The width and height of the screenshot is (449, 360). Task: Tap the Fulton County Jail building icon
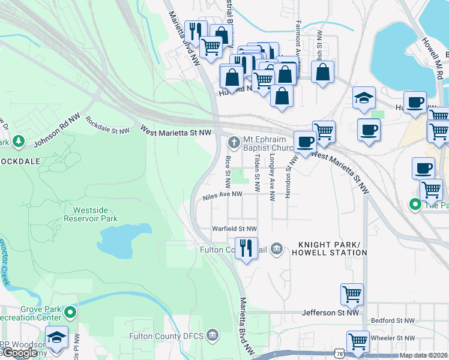coord(276,248)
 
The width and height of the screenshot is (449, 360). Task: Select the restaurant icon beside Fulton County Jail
coord(245,247)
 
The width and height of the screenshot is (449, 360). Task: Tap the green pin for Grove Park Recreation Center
coord(71,313)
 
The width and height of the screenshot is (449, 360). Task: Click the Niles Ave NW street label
coord(222,195)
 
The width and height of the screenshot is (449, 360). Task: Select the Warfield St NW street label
coord(235,229)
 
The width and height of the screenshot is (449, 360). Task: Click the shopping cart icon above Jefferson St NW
coord(352,294)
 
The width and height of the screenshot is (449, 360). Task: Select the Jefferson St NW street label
coord(330,313)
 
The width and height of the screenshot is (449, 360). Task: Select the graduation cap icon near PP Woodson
coord(56,338)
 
